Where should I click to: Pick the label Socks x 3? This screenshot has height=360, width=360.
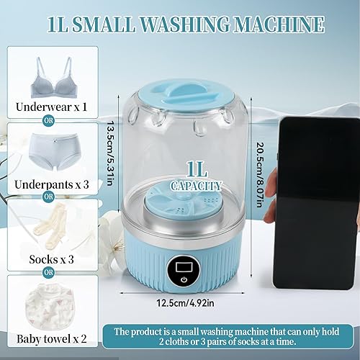pos(48,259)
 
